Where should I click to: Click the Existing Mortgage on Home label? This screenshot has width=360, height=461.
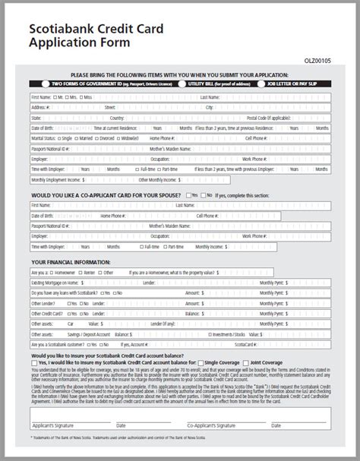pos(55,281)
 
